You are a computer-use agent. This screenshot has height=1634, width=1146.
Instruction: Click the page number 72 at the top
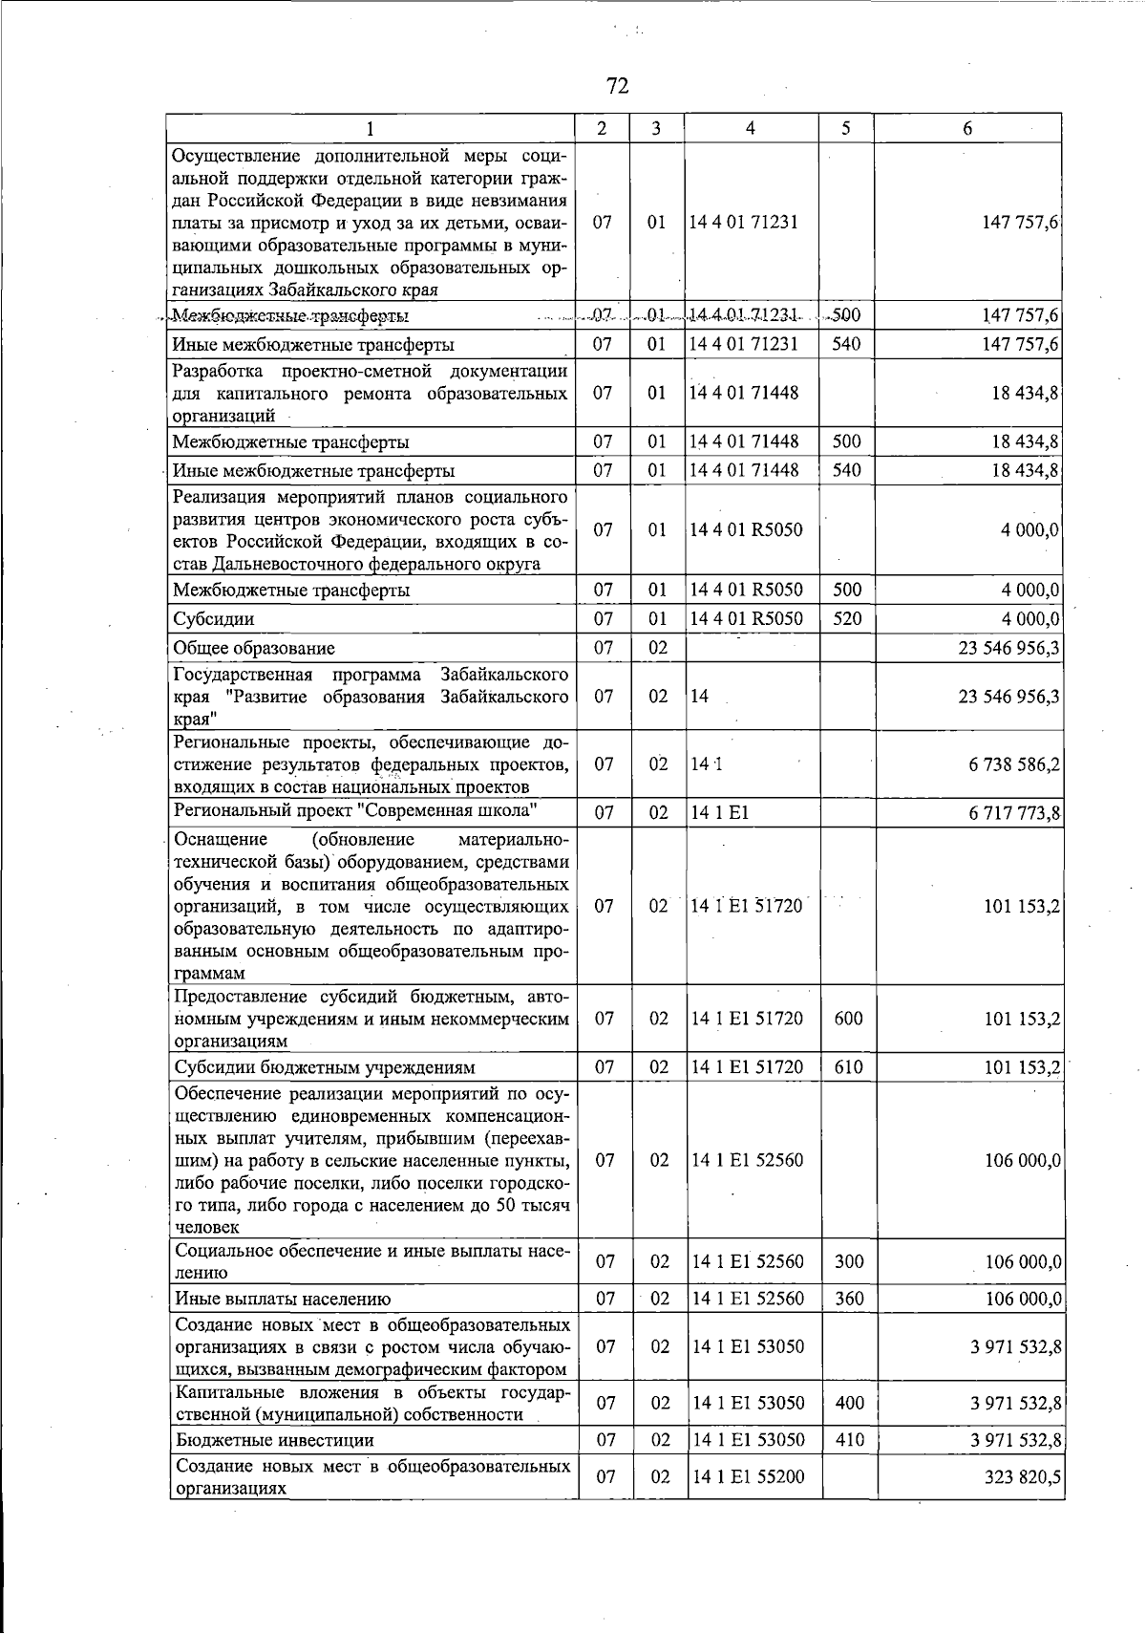pos(617,87)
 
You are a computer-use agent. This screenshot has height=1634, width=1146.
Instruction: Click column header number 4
pos(751,129)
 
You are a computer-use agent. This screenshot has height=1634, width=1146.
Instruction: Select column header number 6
pos(967,129)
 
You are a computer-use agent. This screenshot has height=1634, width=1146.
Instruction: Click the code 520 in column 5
pos(847,619)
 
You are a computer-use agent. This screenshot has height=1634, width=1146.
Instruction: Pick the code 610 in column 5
pos(848,1067)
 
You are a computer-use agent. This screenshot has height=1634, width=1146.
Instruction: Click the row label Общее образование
pos(254,649)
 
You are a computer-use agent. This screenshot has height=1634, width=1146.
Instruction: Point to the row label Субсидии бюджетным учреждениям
pos(325,1067)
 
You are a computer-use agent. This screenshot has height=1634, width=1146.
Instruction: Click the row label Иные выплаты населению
pos(283,1299)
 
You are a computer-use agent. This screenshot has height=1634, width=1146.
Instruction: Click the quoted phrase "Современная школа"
pos(451,811)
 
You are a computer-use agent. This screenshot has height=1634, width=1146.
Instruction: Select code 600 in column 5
pos(848,1019)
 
